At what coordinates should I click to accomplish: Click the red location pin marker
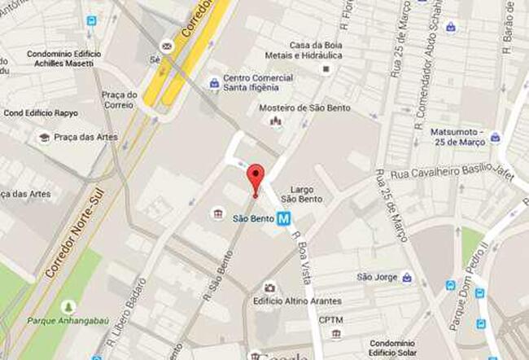(256, 177)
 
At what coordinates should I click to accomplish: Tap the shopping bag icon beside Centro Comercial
(214, 82)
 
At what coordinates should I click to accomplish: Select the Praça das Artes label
(85, 137)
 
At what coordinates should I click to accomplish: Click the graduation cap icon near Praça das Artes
(43, 137)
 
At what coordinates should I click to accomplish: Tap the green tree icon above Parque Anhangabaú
(68, 306)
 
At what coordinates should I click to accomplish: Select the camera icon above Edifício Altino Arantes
(269, 288)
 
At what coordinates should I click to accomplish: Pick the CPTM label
(331, 320)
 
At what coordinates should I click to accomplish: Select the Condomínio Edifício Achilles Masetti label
(62, 59)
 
